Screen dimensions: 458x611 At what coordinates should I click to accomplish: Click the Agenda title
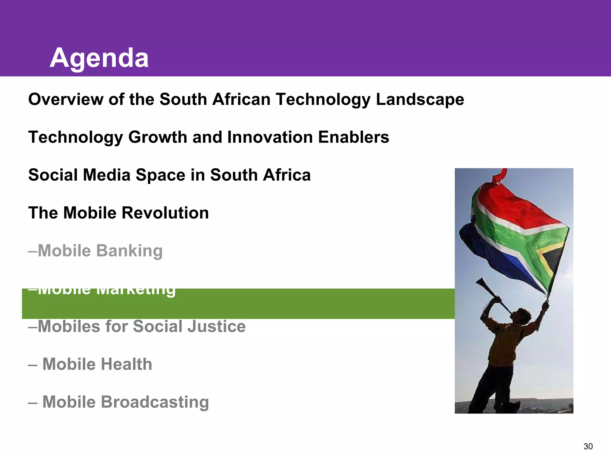point(99,58)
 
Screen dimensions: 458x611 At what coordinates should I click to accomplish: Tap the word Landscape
point(420,99)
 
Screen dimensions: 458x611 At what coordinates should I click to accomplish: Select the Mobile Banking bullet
point(95,251)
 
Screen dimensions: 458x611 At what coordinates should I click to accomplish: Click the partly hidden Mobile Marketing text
point(101,290)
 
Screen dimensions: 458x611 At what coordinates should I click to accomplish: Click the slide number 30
point(588,446)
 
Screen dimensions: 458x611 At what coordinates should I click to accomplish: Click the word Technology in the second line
point(75,137)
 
